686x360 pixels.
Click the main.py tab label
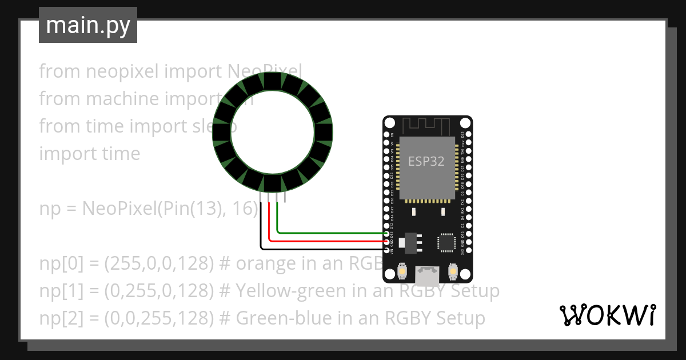[87, 25]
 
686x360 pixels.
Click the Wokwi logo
[607, 315]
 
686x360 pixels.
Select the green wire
[332, 233]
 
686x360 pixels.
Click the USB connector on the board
[427, 275]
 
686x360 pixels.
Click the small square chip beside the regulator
[446, 243]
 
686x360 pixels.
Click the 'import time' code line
[89, 154]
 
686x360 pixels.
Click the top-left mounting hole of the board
[389, 123]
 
